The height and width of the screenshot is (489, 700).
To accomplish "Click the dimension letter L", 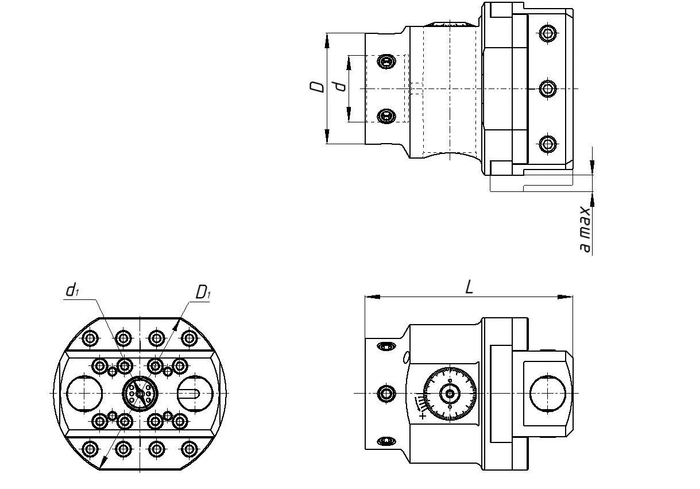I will tap(469, 287).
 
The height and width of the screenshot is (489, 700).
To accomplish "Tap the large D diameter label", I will tap(316, 86).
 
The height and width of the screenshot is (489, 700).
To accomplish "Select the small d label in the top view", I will tap(341, 86).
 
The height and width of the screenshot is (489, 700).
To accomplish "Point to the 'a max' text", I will tap(585, 229).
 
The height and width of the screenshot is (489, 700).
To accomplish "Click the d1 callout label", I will tap(72, 291).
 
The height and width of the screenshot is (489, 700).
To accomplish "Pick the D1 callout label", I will tap(203, 292).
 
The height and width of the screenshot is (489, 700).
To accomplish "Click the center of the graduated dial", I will tap(450, 394).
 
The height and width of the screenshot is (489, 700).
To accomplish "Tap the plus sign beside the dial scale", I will tap(423, 415).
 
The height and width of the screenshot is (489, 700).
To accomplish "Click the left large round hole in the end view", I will tap(85, 394).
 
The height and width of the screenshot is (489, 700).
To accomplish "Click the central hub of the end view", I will tap(140, 394).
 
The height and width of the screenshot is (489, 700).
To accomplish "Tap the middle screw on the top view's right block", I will tap(548, 88).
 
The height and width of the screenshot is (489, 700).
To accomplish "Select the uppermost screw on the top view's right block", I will tap(548, 34).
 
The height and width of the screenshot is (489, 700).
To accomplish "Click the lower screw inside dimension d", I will tap(387, 116).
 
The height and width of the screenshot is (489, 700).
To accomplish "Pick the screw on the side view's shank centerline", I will tap(386, 394).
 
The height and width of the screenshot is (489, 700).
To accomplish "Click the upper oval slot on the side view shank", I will tap(386, 346).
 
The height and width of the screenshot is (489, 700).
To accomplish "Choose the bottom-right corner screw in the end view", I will tap(189, 449).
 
